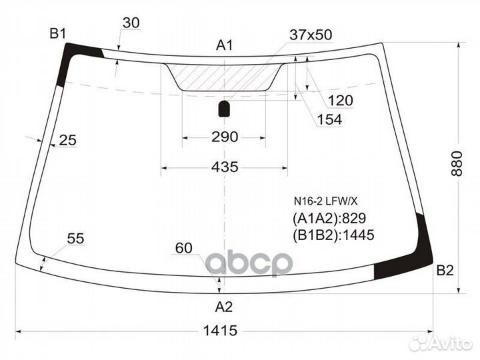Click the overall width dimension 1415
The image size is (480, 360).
pyautogui.click(x=220, y=331)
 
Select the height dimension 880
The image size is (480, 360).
pyautogui.click(x=457, y=163)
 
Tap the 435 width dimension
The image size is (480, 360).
pyautogui.click(x=225, y=167)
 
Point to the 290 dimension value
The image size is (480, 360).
pyautogui.click(x=225, y=137)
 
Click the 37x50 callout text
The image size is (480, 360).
pyautogui.click(x=311, y=35)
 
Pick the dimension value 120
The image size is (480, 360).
pyautogui.click(x=340, y=101)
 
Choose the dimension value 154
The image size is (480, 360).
pyautogui.click(x=329, y=119)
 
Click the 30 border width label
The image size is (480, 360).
pyautogui.click(x=131, y=23)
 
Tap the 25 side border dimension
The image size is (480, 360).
pyautogui.click(x=67, y=140)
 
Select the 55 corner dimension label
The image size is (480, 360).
pyautogui.click(x=75, y=238)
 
